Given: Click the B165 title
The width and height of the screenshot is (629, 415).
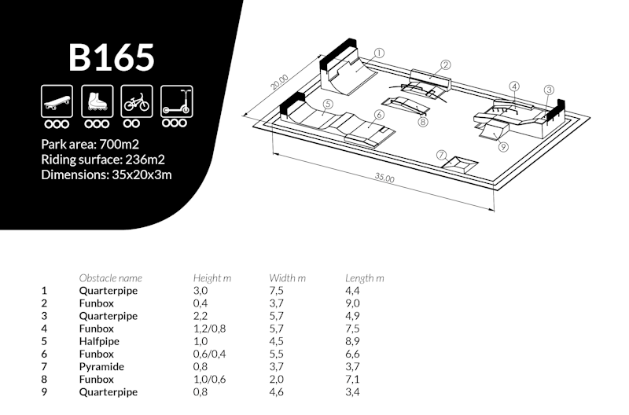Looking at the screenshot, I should click(x=111, y=57).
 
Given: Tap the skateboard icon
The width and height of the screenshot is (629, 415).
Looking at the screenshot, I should click(x=57, y=101).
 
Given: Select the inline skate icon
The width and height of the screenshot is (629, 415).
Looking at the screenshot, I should click(x=96, y=101).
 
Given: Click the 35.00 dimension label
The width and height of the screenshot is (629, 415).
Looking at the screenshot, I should click(x=384, y=178).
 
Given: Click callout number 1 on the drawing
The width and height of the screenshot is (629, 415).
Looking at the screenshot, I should click(x=379, y=53).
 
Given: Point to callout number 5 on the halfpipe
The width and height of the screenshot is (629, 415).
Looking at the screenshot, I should click(x=327, y=103).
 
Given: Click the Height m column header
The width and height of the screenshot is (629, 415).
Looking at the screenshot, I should click(x=212, y=278).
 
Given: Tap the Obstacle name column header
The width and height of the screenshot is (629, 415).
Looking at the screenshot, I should click(x=111, y=278).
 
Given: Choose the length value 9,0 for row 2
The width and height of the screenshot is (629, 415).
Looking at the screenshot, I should click(x=353, y=303).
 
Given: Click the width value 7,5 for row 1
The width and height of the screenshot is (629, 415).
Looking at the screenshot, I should click(x=276, y=291).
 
